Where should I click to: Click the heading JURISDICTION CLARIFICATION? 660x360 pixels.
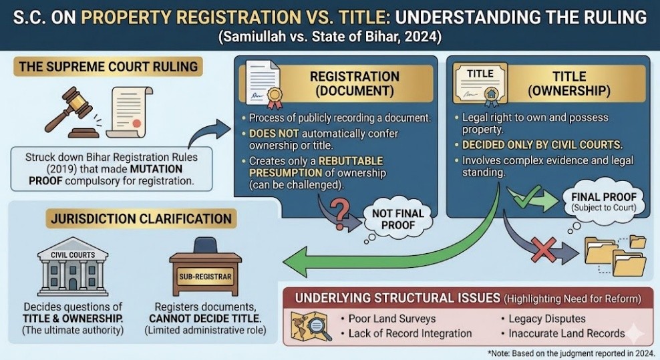pos(140,218)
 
